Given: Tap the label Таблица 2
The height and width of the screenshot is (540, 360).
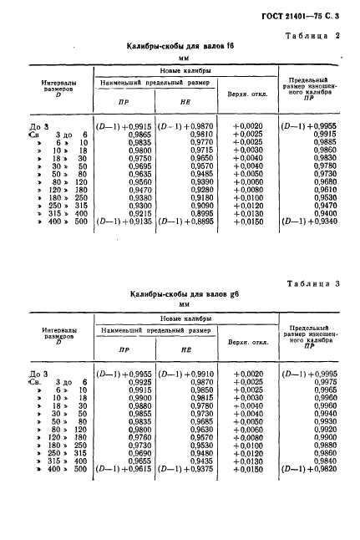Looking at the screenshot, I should (317, 36).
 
